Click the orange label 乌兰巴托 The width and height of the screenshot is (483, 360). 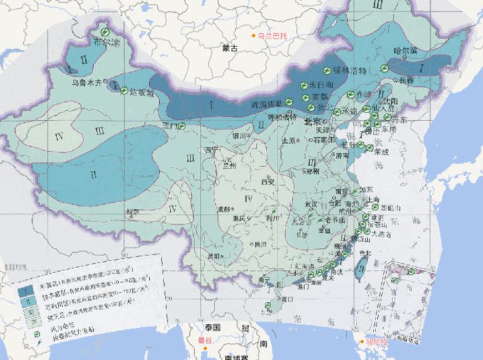point(272,36)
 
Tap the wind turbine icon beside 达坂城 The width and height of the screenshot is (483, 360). point(125,89)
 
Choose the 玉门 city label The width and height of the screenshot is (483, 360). point(170,126)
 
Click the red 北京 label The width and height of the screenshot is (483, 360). point(313,121)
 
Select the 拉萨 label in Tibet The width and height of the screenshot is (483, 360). point(132,212)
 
